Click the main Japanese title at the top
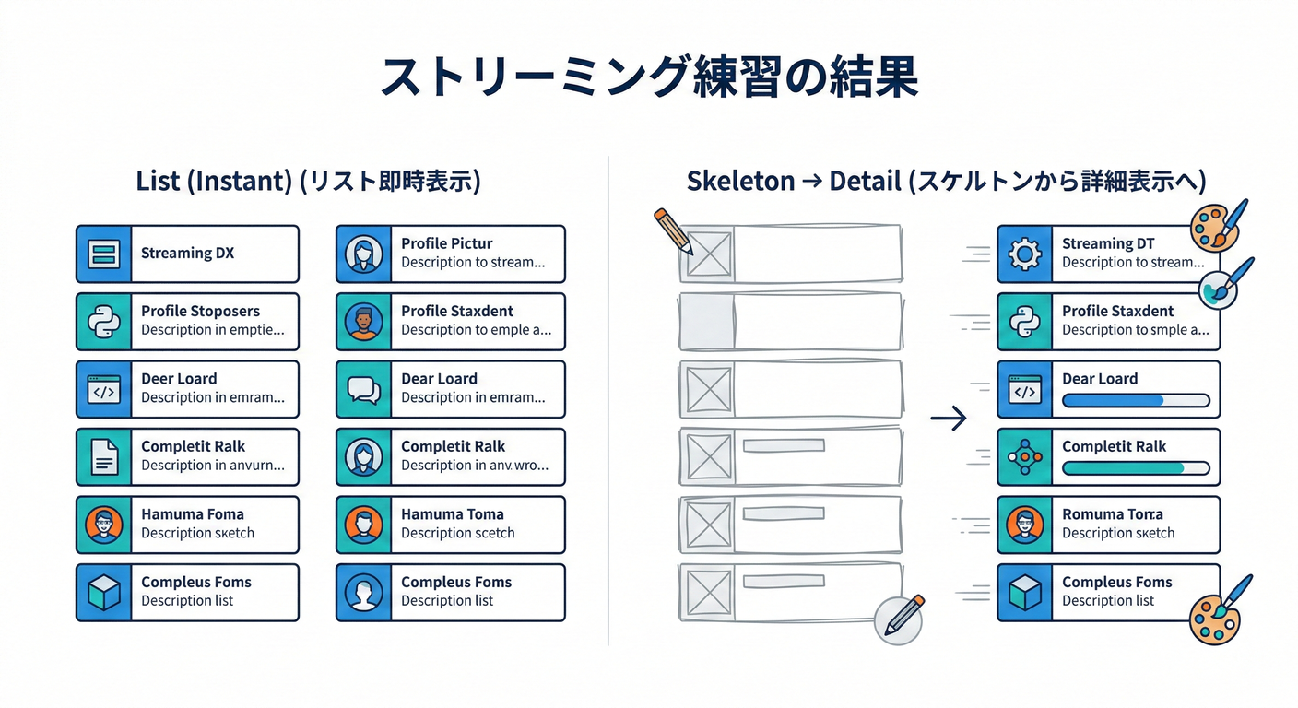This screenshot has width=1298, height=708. click(x=648, y=77)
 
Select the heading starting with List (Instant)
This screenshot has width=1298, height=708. click(x=308, y=181)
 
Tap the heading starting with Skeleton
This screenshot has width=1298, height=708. click(x=946, y=181)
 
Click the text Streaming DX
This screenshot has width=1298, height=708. click(x=187, y=254)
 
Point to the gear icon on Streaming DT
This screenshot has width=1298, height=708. click(x=1024, y=254)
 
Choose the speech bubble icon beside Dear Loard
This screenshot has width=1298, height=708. click(x=363, y=389)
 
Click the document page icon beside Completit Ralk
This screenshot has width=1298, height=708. click(x=103, y=456)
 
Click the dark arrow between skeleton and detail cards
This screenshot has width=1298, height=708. click(x=949, y=419)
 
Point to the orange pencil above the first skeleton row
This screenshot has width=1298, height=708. click(x=673, y=230)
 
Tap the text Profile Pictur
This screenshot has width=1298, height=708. click(x=446, y=243)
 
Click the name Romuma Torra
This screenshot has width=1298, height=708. click(x=1112, y=514)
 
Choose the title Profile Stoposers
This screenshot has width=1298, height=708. click(x=200, y=311)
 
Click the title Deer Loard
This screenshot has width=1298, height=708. click(x=179, y=379)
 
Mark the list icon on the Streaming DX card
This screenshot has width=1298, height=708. click(x=103, y=254)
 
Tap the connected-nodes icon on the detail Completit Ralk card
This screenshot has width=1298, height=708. click(x=1024, y=456)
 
